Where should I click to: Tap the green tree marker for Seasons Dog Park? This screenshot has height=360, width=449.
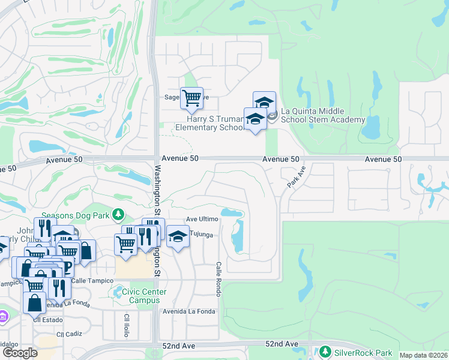coord(119,214)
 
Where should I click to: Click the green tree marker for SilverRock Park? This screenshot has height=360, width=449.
coord(325,350)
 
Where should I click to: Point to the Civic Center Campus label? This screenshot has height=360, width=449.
coord(145,296)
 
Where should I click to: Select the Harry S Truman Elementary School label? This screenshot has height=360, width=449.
coord(209,122)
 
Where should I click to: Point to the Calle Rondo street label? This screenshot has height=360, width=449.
coord(219,278)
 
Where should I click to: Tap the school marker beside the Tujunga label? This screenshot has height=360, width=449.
coord(177,236)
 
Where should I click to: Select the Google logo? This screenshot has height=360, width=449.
coord(20,353)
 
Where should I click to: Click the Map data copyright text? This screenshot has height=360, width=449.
coord(423,355)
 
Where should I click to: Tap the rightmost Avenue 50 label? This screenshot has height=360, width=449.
coord(382,159)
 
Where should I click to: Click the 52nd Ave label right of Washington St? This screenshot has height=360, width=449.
coord(282,344)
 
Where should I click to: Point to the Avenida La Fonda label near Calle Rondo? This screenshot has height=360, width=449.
coord(189,311)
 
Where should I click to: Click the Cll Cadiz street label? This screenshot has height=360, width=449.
coord(68,334)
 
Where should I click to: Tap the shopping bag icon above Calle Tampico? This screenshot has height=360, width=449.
coord(86,250)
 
